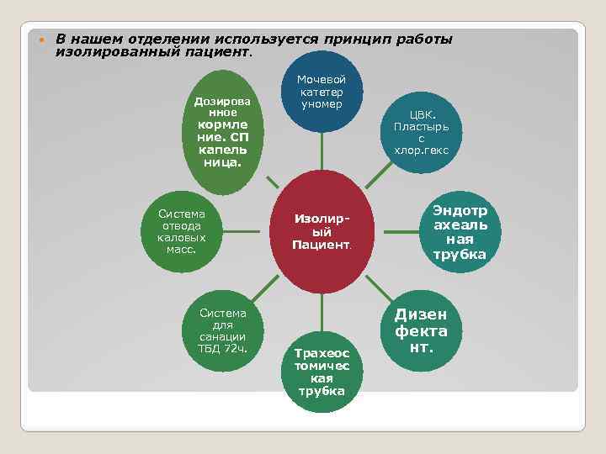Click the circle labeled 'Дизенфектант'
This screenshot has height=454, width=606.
click(x=421, y=328)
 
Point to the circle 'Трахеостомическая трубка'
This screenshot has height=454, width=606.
click(x=321, y=370)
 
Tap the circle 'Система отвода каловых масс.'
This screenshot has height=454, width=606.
click(x=181, y=231)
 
